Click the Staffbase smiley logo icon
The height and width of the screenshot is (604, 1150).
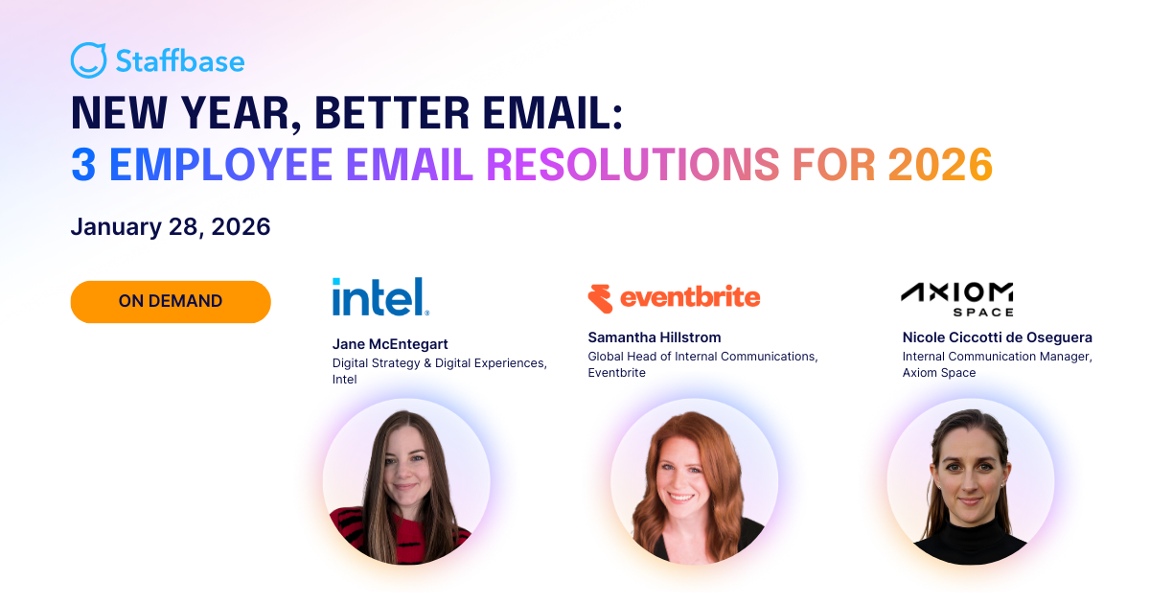click(x=88, y=60)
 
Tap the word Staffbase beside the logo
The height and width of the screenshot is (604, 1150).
click(x=180, y=61)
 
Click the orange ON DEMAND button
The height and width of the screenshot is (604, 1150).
click(x=171, y=301)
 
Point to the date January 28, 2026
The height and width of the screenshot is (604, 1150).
click(x=171, y=227)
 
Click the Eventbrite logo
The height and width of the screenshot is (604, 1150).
click(x=674, y=298)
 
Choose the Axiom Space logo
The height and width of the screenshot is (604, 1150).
click(x=956, y=298)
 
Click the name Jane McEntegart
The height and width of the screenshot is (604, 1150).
click(x=390, y=344)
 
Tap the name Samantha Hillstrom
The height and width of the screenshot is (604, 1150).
click(x=655, y=337)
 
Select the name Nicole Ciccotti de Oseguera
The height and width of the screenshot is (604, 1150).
click(x=997, y=337)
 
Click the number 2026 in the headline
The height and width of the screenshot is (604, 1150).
click(x=939, y=165)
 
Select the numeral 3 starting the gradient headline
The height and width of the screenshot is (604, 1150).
click(x=83, y=165)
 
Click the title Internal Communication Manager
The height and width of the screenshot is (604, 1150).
click(x=997, y=357)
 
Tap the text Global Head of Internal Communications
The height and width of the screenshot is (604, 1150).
click(x=702, y=357)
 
